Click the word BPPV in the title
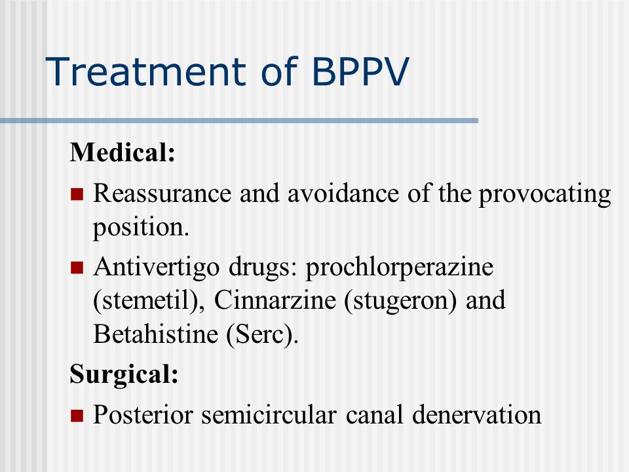[x=360, y=71]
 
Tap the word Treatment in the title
[x=145, y=71]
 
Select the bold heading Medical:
[x=123, y=152]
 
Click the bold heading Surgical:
[x=124, y=374]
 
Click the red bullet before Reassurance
[x=77, y=194]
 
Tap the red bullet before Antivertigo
[x=77, y=267]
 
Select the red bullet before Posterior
[x=77, y=416]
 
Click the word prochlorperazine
[x=400, y=267]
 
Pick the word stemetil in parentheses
[x=145, y=301]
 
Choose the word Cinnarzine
[x=275, y=300]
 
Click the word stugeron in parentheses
[x=400, y=302]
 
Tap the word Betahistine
[x=156, y=334]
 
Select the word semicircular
[x=269, y=414]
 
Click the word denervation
[x=476, y=414]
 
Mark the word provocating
[x=544, y=194]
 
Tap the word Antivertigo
[x=157, y=267]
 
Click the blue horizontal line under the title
[x=239, y=121]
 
